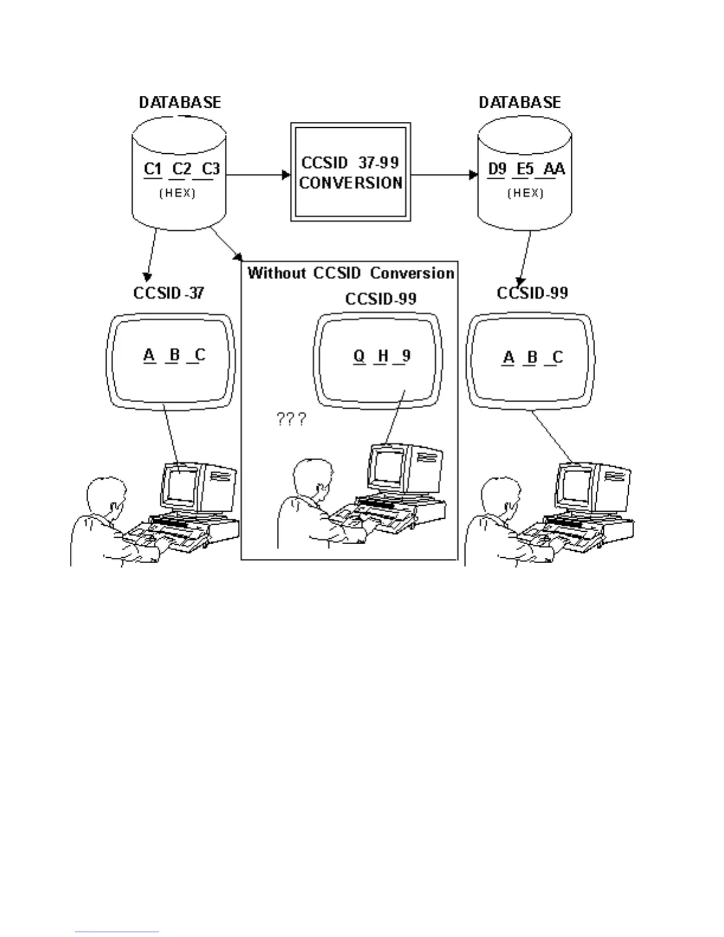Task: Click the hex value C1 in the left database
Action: click(x=153, y=169)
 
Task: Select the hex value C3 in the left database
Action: click(x=211, y=169)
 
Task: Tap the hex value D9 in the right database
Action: click(x=497, y=169)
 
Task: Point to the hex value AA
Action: click(x=554, y=169)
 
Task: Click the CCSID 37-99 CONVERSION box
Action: click(x=350, y=172)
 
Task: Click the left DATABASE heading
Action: click(x=180, y=102)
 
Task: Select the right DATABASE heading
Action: click(x=519, y=102)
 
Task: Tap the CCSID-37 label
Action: click(x=169, y=293)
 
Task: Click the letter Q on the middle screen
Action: click(x=359, y=356)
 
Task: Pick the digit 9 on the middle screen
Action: click(x=406, y=356)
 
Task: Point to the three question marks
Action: click(x=292, y=420)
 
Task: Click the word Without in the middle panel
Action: click(x=276, y=273)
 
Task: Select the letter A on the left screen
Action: click(x=149, y=355)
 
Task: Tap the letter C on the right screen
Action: click(x=557, y=357)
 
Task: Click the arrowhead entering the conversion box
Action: click(x=287, y=175)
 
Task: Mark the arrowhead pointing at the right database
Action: click(x=473, y=175)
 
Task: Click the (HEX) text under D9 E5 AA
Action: click(x=525, y=193)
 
